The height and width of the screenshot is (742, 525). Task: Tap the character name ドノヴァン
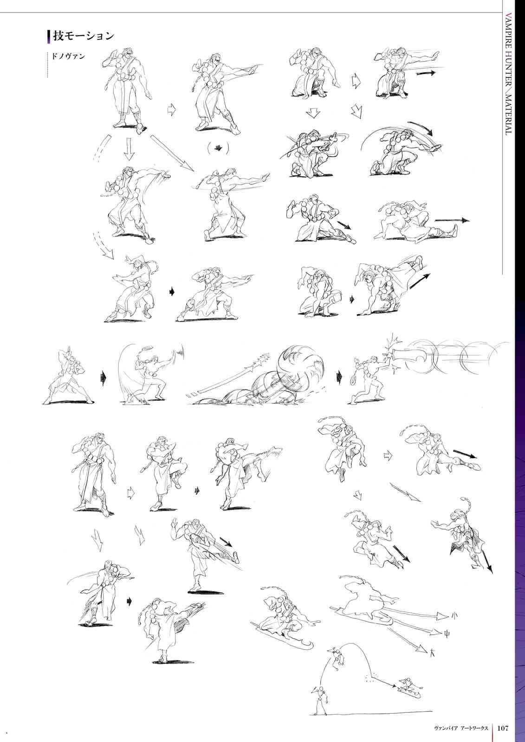(x=68, y=56)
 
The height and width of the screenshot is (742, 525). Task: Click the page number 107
(x=503, y=728)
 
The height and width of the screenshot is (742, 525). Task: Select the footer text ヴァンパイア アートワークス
(x=461, y=728)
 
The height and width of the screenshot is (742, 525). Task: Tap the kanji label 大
(x=433, y=653)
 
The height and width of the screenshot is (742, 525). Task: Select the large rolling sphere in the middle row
(x=300, y=366)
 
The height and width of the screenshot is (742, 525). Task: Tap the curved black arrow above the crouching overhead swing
(x=420, y=128)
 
